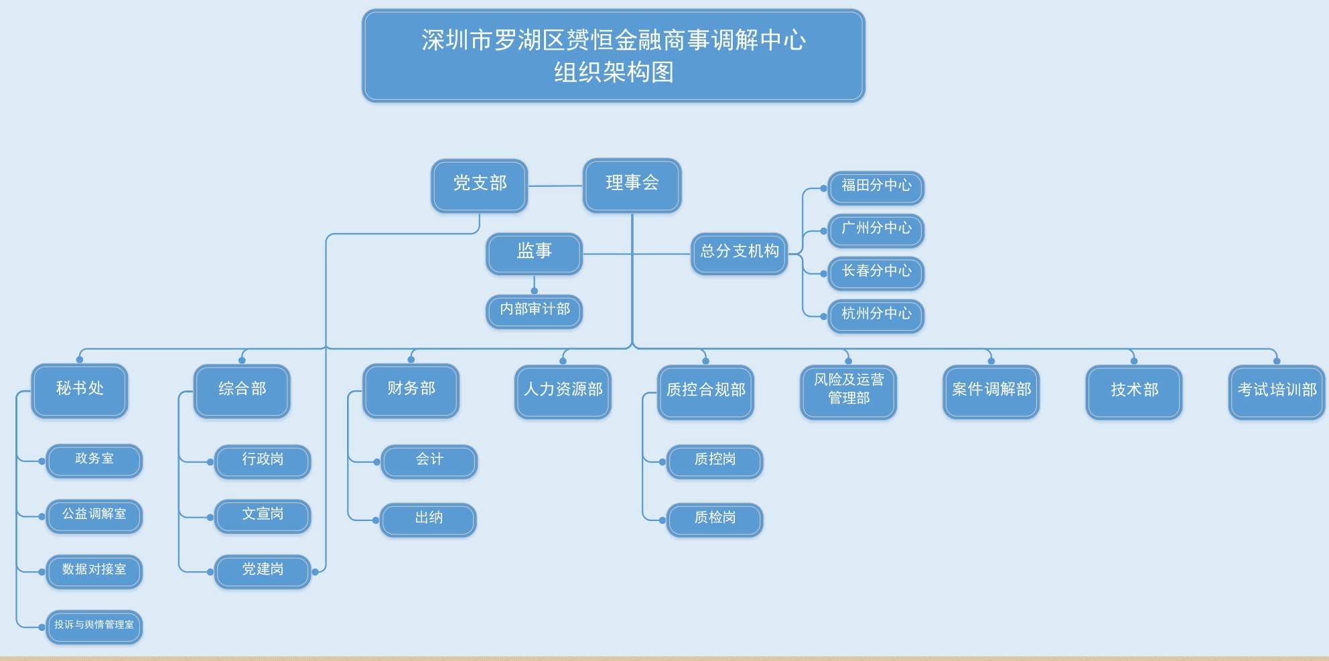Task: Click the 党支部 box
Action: (x=480, y=186)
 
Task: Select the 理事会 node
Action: (x=632, y=186)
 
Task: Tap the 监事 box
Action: (x=534, y=254)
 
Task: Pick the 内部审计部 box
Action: (x=534, y=311)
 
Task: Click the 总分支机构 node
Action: (x=739, y=254)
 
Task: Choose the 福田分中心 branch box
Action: (x=876, y=188)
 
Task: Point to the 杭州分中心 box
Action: (x=876, y=316)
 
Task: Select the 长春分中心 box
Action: (x=876, y=273)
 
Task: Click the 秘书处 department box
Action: (x=80, y=391)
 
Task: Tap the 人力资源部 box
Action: (x=563, y=392)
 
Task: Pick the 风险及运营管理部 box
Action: (x=849, y=392)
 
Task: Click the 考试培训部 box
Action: (x=1277, y=392)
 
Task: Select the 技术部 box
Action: (x=1134, y=392)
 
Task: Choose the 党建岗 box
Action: (x=263, y=572)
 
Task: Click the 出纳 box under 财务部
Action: (x=429, y=520)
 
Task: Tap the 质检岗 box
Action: (x=715, y=520)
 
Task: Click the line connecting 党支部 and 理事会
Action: (x=555, y=186)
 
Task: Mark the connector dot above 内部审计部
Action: (x=534, y=291)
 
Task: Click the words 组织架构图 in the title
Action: (x=614, y=72)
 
